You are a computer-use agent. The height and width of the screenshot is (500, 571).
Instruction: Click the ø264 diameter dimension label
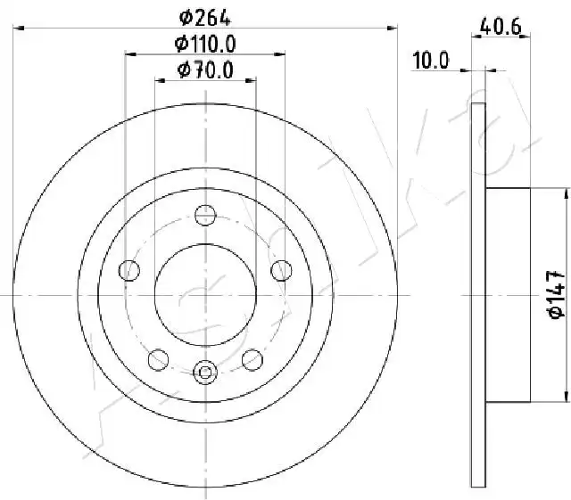(x=205, y=18)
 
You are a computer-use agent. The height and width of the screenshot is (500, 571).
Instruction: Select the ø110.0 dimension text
(x=205, y=44)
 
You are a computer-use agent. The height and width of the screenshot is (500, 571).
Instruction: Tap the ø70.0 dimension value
(x=205, y=70)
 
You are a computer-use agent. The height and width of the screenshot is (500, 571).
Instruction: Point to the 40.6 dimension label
(x=501, y=27)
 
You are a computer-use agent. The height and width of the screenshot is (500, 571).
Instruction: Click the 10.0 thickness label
(x=431, y=60)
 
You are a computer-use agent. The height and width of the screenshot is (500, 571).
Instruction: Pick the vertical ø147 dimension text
(x=556, y=294)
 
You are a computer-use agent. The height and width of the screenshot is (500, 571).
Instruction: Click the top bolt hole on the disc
(x=205, y=215)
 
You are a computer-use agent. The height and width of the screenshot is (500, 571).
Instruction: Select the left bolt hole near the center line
(x=129, y=270)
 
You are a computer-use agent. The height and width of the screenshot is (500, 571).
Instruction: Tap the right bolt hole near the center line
(x=282, y=270)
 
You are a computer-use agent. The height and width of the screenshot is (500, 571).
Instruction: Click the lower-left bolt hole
(x=159, y=359)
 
